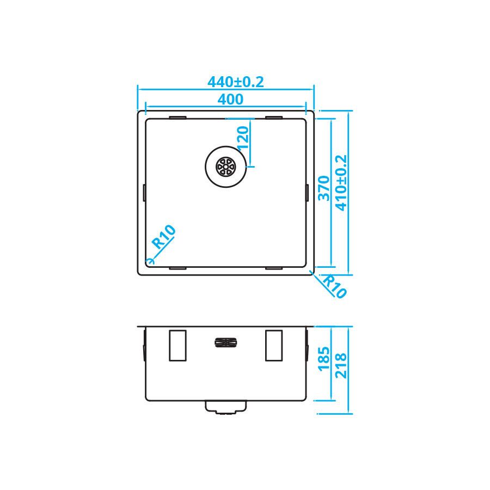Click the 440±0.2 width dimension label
click(236, 82)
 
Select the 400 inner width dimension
click(230, 100)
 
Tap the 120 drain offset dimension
click(243, 138)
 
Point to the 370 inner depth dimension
click(324, 188)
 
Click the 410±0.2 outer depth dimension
click(341, 183)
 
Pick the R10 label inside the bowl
click(163, 237)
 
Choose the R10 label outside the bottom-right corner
click(334, 286)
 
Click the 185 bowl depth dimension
click(324, 359)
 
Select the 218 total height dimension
click(341, 366)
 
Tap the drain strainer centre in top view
click(225, 167)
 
